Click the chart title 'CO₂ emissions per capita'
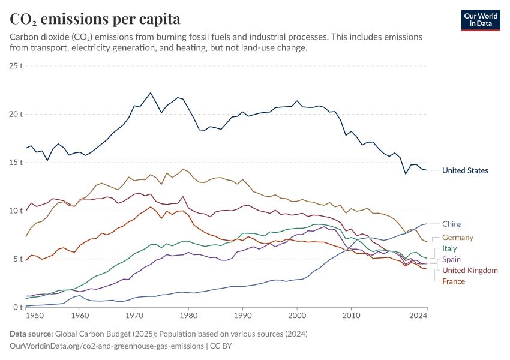[x=95, y=19]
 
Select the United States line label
[x=465, y=170]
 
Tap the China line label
[x=452, y=224]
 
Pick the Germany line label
[x=458, y=238]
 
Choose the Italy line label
[x=449, y=248]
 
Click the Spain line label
[x=452, y=260]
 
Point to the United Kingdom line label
[x=470, y=271]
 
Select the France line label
[x=454, y=281]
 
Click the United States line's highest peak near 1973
[x=151, y=92]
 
